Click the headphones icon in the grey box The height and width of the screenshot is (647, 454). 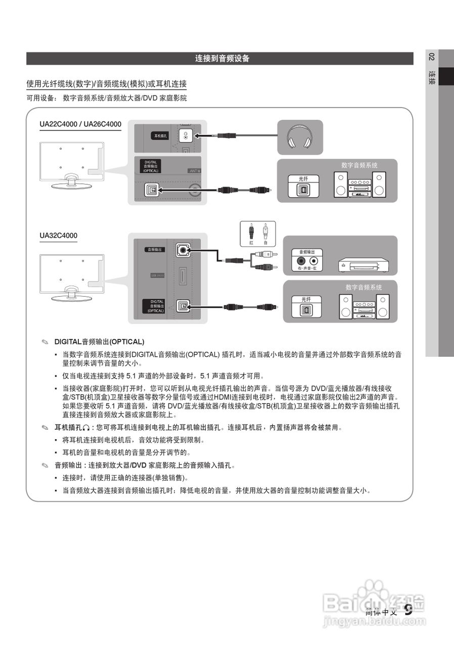click(x=300, y=137)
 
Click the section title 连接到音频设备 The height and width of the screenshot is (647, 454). click(x=222, y=59)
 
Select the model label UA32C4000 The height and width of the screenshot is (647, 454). click(x=59, y=236)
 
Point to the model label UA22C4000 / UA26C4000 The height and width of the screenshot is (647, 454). click(x=80, y=124)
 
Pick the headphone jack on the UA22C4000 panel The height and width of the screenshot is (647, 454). click(x=186, y=136)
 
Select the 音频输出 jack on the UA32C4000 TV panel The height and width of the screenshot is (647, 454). click(x=182, y=249)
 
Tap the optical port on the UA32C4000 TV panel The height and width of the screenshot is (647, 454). click(x=182, y=306)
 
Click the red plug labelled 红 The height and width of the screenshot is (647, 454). click(x=251, y=234)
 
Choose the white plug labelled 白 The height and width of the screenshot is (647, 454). click(x=265, y=234)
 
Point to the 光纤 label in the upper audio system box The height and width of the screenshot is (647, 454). click(x=303, y=178)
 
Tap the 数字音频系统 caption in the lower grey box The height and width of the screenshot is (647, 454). click(x=364, y=287)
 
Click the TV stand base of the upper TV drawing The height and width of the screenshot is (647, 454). click(x=71, y=185)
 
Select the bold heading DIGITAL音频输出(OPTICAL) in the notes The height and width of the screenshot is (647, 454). click(x=99, y=342)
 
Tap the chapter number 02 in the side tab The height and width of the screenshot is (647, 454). click(x=431, y=57)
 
